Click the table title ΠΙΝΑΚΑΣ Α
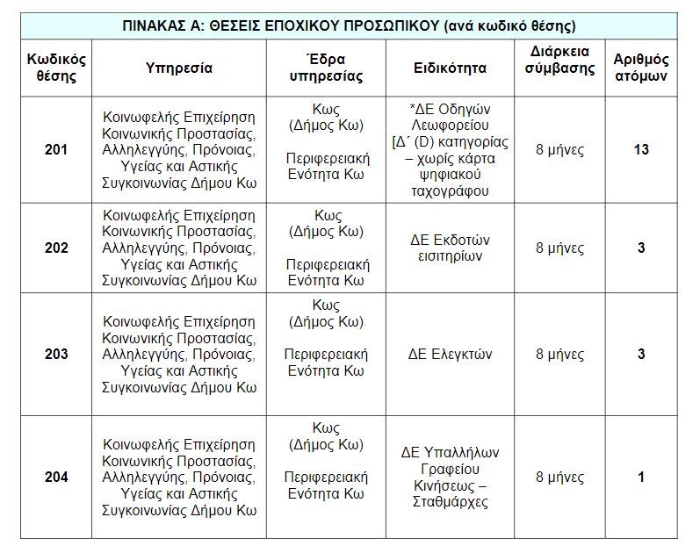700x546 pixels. (x=350, y=25)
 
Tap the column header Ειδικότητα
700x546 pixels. (x=450, y=68)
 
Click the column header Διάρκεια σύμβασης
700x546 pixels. (x=559, y=60)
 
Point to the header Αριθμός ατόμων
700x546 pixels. (x=641, y=68)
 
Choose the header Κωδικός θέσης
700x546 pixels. (x=56, y=68)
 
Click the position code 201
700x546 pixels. (x=56, y=149)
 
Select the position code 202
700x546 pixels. (x=56, y=248)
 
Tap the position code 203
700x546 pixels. (x=56, y=355)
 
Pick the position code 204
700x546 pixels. (x=56, y=478)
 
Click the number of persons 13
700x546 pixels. (x=641, y=149)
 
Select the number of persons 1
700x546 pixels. (x=641, y=478)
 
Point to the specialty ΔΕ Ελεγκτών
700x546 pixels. (x=450, y=355)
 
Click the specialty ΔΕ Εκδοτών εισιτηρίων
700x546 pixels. (x=450, y=248)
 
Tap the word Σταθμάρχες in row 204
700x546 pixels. (x=450, y=503)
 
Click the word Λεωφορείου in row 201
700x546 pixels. (x=450, y=126)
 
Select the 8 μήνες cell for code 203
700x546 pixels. (x=559, y=355)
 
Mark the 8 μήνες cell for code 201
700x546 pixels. (x=559, y=149)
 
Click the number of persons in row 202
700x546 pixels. (x=641, y=248)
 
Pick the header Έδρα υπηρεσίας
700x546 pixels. (x=327, y=68)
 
